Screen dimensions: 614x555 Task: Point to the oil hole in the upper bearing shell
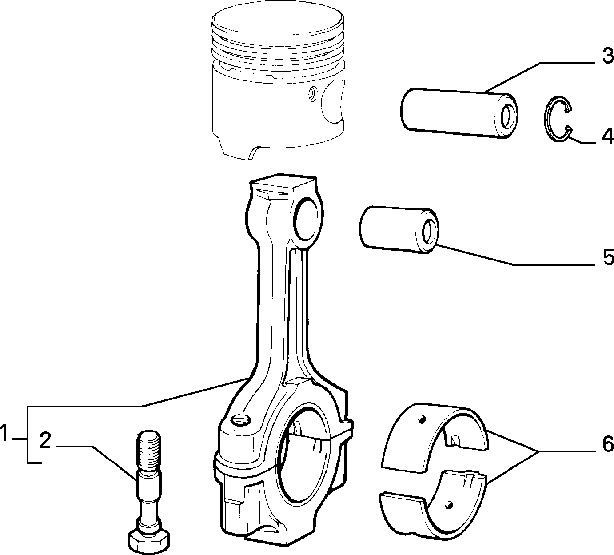(422, 420)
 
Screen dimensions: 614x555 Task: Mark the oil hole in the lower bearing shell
(449, 511)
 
